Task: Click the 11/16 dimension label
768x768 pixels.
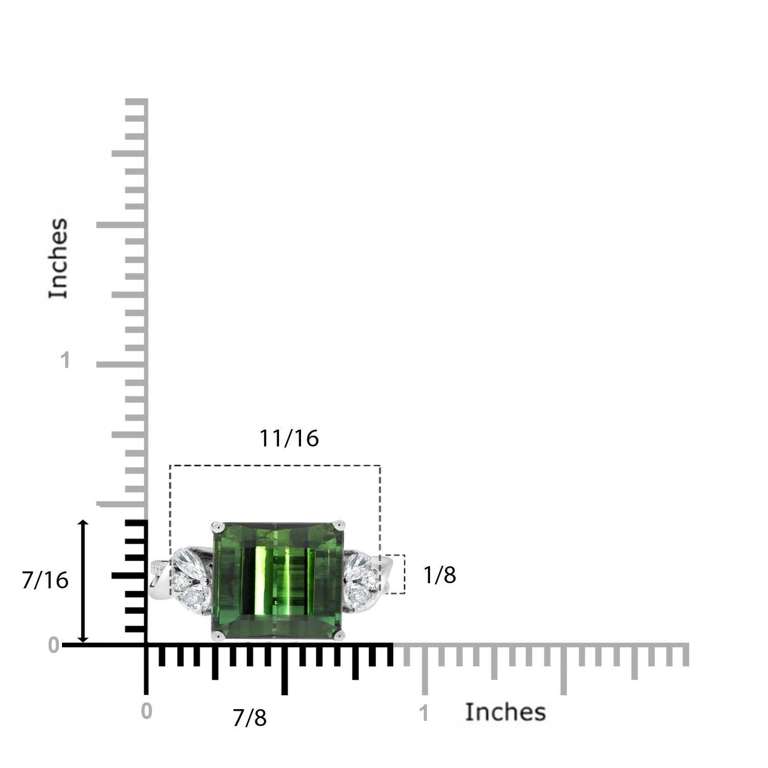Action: [x=289, y=438]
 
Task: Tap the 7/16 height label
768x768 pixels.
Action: [x=45, y=580]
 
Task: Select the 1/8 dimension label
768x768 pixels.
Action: [x=440, y=575]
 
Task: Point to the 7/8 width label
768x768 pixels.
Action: [x=249, y=718]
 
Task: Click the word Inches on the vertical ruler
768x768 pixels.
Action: [x=58, y=258]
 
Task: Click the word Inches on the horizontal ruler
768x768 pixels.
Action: [x=505, y=712]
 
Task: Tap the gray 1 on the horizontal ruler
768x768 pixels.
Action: [x=423, y=713]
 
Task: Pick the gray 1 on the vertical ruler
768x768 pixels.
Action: [x=65, y=360]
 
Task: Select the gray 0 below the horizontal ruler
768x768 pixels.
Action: [x=146, y=711]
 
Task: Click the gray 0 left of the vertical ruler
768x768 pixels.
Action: [x=53, y=646]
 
